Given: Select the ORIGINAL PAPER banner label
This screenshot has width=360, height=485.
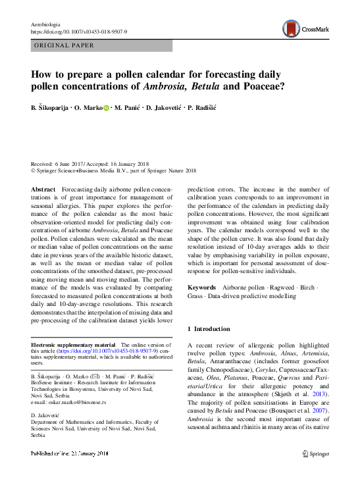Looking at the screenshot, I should click(63, 46).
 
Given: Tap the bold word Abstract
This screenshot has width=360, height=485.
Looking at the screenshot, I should click(43, 190).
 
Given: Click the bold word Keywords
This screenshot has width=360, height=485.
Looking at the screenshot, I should click(202, 288).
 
